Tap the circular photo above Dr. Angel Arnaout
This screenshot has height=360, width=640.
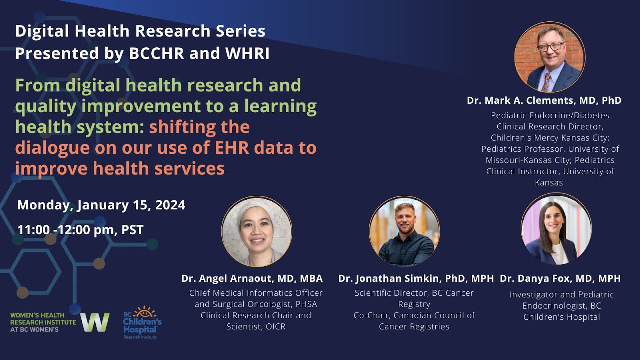[257, 231]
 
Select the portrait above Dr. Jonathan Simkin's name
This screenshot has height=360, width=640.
[404, 231]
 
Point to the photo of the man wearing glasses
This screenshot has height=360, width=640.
[550, 57]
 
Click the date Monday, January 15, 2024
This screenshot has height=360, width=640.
[101, 205]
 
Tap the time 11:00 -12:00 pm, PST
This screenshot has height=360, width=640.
[80, 230]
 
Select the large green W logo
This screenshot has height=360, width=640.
[95, 322]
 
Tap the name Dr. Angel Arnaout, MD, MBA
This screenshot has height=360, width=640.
[252, 278]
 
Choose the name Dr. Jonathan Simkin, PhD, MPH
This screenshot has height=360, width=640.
[416, 278]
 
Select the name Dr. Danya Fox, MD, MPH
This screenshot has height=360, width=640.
[560, 278]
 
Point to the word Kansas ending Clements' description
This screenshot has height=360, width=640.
[549, 183]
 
